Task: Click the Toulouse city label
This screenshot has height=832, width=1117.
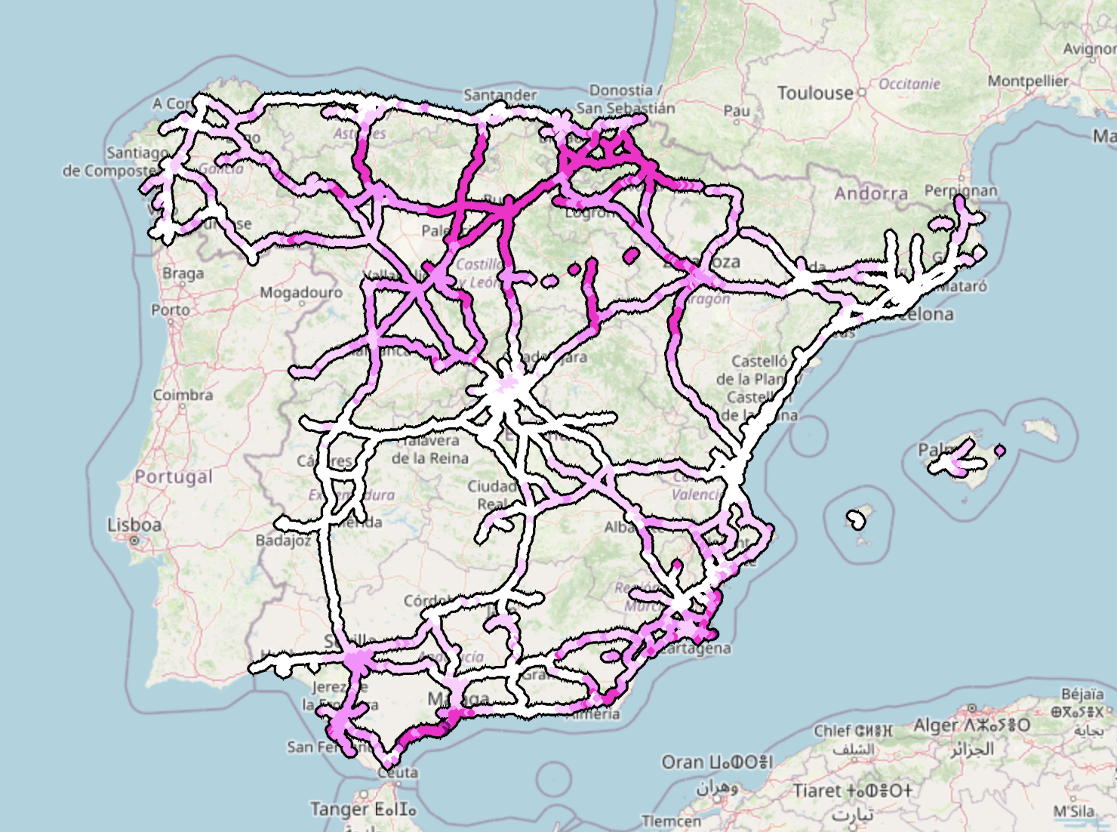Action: [x=814, y=93]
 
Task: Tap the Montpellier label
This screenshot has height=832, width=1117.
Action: [x=1028, y=81]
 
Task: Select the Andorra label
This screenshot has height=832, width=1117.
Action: [x=871, y=194]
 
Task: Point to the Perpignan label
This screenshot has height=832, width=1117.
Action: [x=961, y=191]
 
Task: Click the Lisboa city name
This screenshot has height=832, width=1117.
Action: [x=134, y=525]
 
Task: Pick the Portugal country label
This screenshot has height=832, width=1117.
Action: [x=174, y=477]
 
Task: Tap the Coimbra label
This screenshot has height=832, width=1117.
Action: [x=183, y=395]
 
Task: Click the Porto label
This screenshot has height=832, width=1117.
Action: [x=171, y=310]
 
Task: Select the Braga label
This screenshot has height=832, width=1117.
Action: [x=183, y=273]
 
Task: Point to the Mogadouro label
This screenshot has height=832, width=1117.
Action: [x=301, y=292]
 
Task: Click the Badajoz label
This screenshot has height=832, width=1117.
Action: [x=283, y=541]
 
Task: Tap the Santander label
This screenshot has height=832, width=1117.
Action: [x=500, y=95]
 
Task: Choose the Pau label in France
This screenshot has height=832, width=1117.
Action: [x=737, y=111]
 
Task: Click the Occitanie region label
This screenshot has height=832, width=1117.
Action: [x=909, y=84]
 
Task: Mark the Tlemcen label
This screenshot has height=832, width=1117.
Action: [x=671, y=821]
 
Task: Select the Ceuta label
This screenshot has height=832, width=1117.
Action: [x=398, y=772]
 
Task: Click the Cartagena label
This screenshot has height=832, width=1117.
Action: [x=698, y=649]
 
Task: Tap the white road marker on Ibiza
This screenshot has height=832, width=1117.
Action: [x=856, y=519]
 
